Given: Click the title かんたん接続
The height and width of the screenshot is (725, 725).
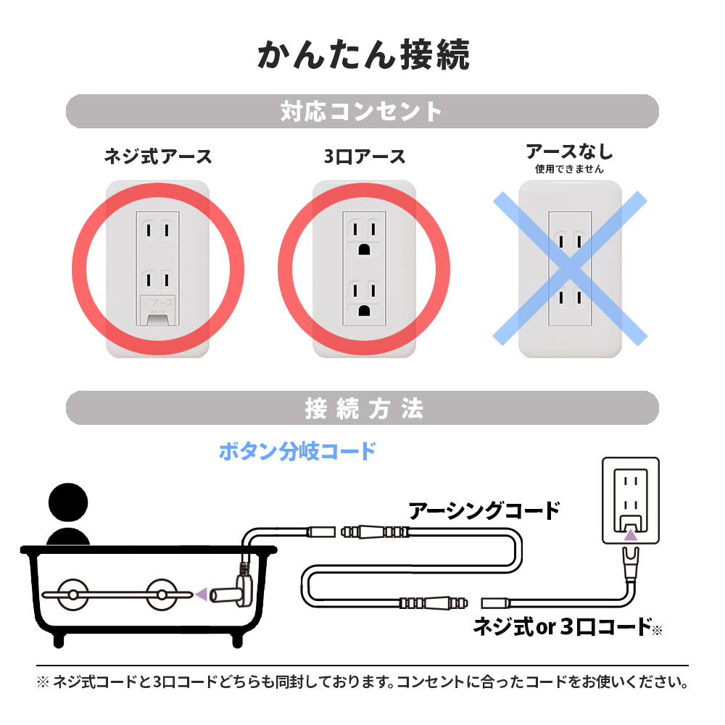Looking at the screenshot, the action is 363,55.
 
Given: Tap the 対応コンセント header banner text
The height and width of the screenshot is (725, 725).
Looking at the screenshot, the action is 362,112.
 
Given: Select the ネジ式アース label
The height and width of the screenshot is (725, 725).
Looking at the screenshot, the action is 157,157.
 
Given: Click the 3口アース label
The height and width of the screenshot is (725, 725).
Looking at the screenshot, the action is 365,157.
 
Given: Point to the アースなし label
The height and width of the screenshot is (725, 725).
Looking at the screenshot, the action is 569,152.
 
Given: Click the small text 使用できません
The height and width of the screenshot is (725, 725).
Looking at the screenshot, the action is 569,169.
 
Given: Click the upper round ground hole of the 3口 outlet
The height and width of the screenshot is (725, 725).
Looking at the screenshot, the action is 365,249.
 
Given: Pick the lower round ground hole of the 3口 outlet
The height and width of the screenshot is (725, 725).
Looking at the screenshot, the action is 365,310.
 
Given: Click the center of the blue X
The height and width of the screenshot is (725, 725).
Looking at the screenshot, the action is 570,268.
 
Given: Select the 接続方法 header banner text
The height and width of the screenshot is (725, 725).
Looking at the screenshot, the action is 365,409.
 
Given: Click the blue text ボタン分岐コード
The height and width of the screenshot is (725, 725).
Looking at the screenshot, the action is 297,451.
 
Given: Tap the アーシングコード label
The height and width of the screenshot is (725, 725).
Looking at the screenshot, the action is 484,511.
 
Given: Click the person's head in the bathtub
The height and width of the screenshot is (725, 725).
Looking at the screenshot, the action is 68,502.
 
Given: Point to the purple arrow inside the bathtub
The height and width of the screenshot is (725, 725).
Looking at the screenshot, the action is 201,594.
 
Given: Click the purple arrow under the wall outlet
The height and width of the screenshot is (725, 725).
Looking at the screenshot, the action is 630,535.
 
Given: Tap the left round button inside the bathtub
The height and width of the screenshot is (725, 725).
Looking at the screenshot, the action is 72,594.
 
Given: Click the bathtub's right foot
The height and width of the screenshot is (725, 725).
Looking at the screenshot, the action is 237,640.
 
